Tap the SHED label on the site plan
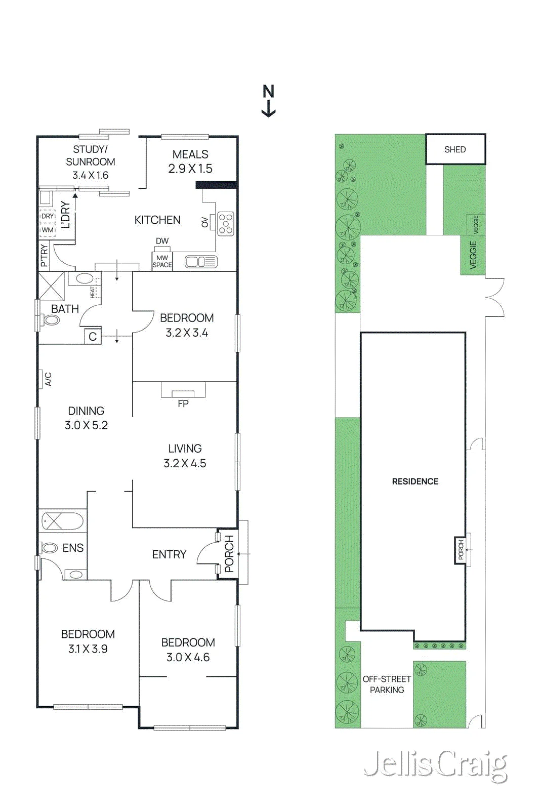pos(454,149)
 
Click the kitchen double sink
pos(201,262)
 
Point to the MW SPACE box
pos(162,261)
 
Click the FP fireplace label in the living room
pos(183,403)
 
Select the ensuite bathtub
pos(63,521)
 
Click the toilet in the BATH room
pos(50,320)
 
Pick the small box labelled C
pos(93,336)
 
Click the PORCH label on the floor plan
pos(229,554)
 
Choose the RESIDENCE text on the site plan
pos(415,481)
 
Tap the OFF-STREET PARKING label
pos(387,684)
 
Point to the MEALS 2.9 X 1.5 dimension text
pos(190,161)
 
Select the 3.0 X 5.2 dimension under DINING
pos(86,425)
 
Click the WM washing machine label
pos(48,230)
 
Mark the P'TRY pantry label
pos(44,256)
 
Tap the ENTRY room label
pos(169,554)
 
